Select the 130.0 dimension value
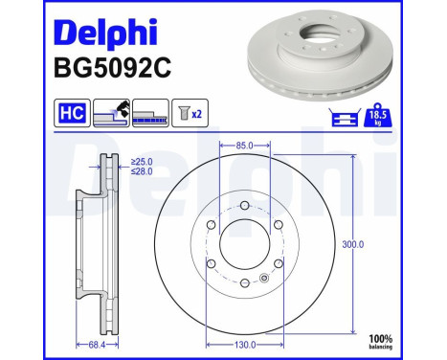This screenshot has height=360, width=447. (x=246, y=344)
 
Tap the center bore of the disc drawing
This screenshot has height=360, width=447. (x=246, y=245)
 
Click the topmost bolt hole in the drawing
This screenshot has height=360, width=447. (x=246, y=207)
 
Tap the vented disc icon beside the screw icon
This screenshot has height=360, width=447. (x=151, y=113)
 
